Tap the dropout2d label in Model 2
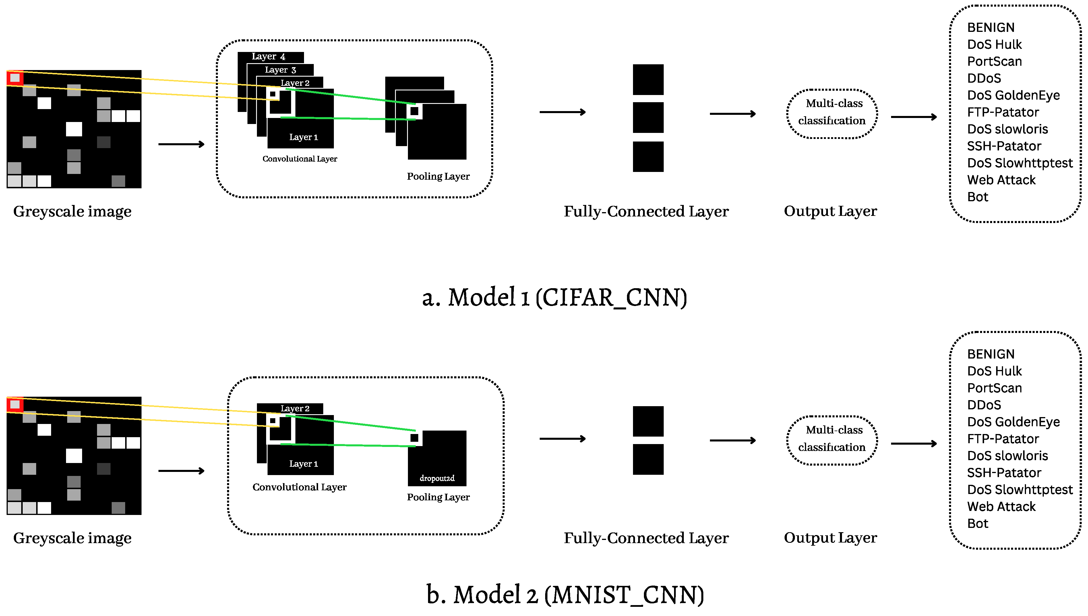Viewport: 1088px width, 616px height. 437,478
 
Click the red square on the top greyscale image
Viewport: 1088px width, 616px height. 15,78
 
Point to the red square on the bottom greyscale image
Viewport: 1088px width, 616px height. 15,404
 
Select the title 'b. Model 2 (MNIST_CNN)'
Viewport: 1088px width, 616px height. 565,594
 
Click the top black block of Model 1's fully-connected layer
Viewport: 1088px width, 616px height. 648,80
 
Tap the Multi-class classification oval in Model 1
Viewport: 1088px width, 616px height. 831,113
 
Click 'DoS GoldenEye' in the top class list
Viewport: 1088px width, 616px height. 1013,95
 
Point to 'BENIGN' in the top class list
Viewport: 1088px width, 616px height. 990,28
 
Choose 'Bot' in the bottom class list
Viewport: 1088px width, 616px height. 977,523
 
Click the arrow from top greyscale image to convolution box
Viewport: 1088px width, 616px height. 181,144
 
